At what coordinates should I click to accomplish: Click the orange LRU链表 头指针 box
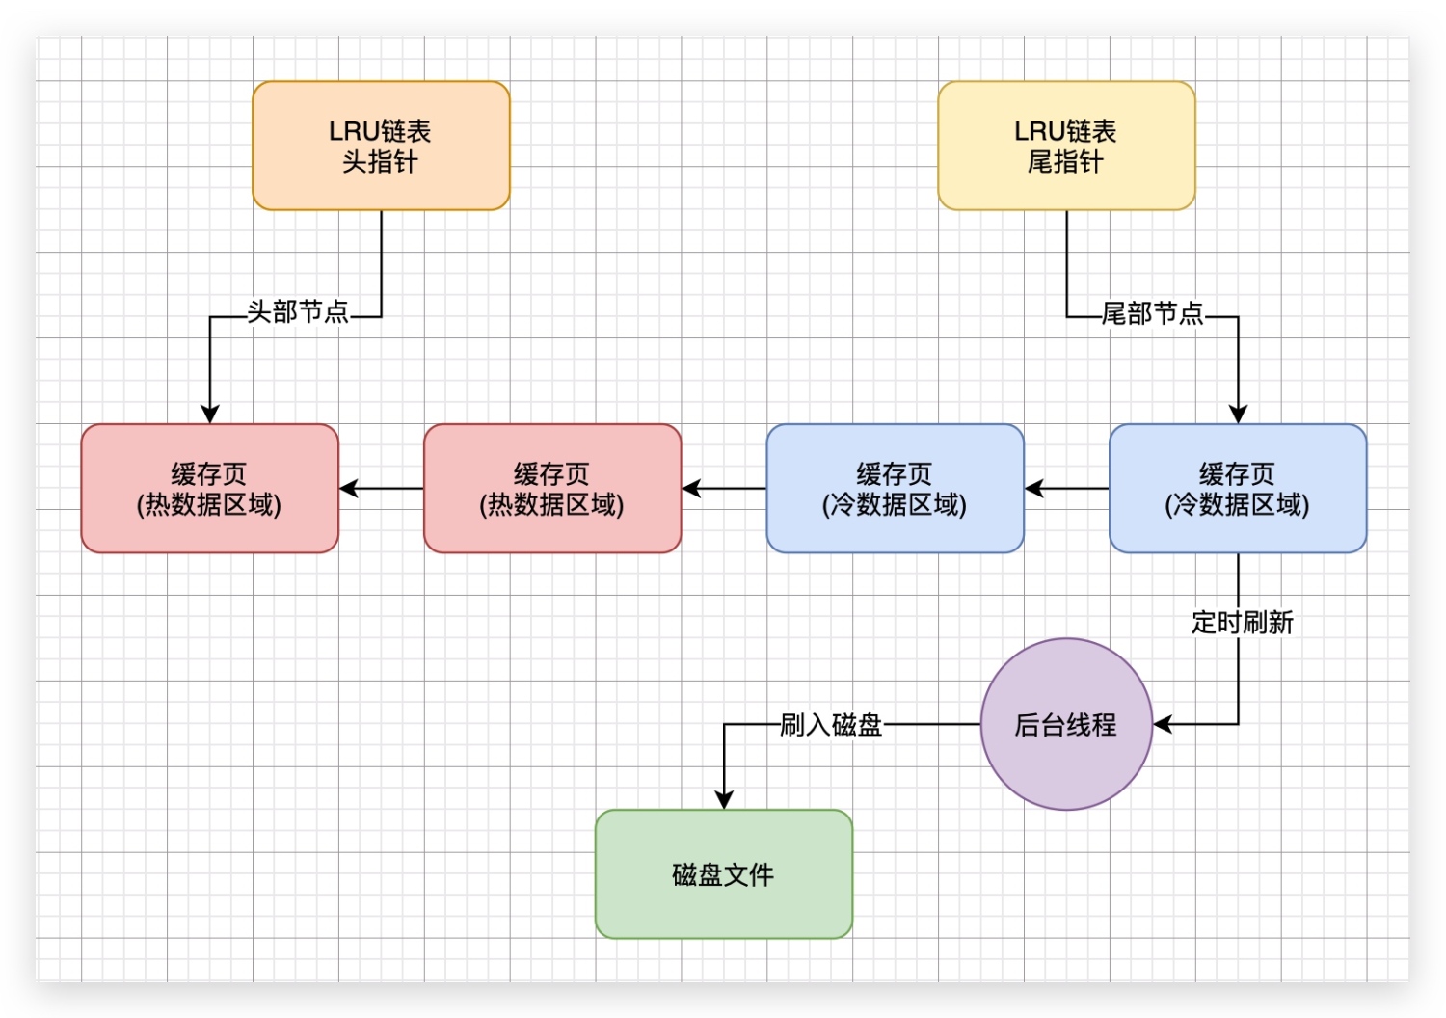(381, 146)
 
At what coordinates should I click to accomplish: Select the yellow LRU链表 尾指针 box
(1066, 146)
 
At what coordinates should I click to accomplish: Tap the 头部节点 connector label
(298, 312)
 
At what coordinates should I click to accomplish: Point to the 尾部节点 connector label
(1152, 314)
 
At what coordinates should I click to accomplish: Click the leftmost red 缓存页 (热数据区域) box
(209, 489)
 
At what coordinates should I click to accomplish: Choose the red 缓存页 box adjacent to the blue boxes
(552, 489)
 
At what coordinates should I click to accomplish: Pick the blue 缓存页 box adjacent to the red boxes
(895, 489)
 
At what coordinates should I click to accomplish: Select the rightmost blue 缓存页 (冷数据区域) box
(1238, 489)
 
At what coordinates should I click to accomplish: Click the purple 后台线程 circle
(1066, 724)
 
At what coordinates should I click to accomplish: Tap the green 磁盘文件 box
(724, 874)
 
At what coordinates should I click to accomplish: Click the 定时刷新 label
(1242, 623)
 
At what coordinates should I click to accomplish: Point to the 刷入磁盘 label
(831, 725)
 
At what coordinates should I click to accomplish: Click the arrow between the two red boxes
(382, 489)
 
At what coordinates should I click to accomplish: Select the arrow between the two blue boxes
(1067, 489)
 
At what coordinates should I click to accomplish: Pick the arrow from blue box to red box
(724, 489)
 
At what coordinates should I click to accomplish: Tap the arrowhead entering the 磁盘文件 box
(724, 800)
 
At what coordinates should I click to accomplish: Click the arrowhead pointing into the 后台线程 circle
(1163, 724)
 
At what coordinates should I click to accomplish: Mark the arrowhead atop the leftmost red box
(209, 415)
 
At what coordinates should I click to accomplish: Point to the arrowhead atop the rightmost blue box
(1238, 415)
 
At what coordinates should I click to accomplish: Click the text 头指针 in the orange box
(381, 162)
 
